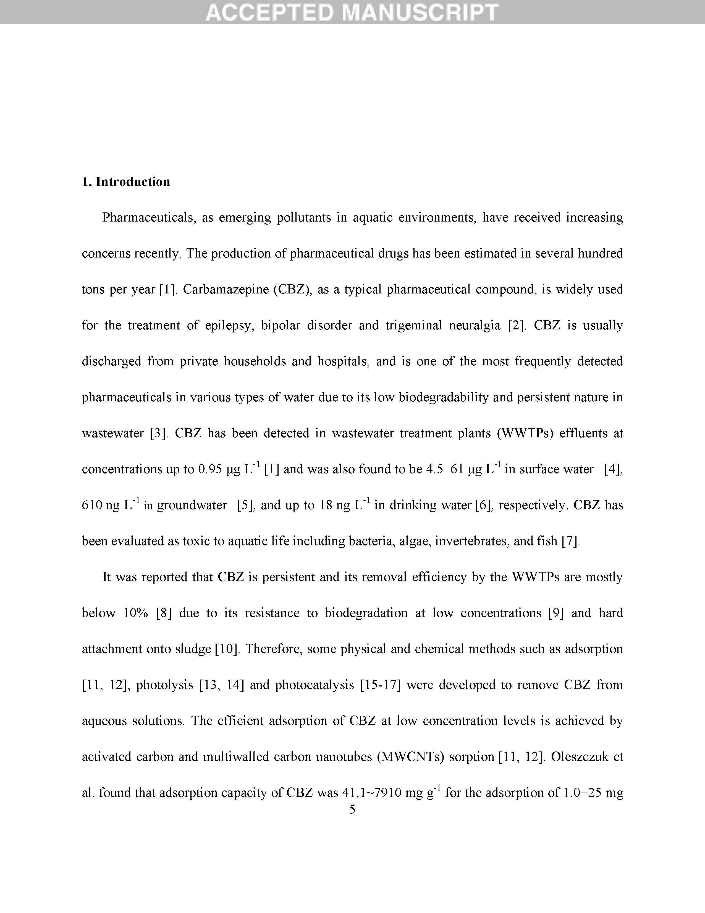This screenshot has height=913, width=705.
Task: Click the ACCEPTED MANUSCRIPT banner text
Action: (352, 12)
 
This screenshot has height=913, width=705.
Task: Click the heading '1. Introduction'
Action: (126, 182)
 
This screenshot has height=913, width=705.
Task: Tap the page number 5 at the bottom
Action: (352, 810)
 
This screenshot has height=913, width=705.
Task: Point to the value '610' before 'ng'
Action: (92, 505)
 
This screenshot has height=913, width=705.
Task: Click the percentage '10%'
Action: (136, 613)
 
